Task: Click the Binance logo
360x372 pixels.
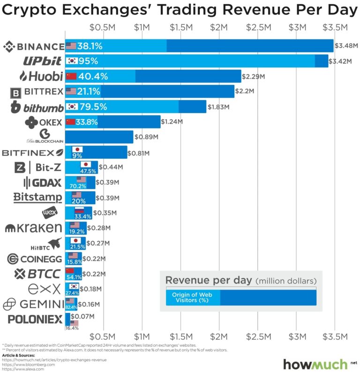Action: [x=33, y=46]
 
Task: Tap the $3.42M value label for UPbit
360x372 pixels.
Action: [x=343, y=61]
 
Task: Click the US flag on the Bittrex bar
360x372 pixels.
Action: [x=71, y=91]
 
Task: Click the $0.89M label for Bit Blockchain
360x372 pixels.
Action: [x=148, y=137]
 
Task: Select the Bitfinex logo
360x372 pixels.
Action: [x=32, y=153]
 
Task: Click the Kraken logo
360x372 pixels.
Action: [x=33, y=228]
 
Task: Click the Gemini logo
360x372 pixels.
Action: [x=32, y=305]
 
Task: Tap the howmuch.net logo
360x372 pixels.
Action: [x=316, y=364]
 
